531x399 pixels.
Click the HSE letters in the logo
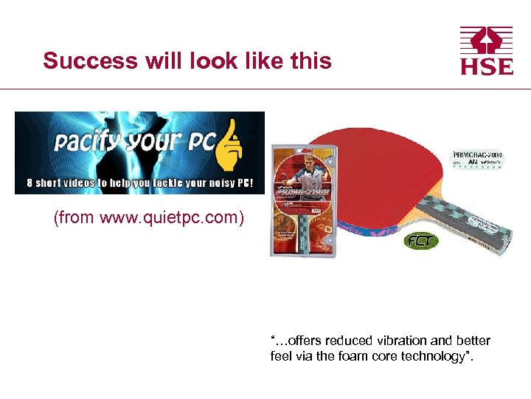pyautogui.click(x=487, y=66)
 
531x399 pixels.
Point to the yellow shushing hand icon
pyautogui.click(x=230, y=144)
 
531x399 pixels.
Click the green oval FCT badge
pyautogui.click(x=420, y=242)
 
